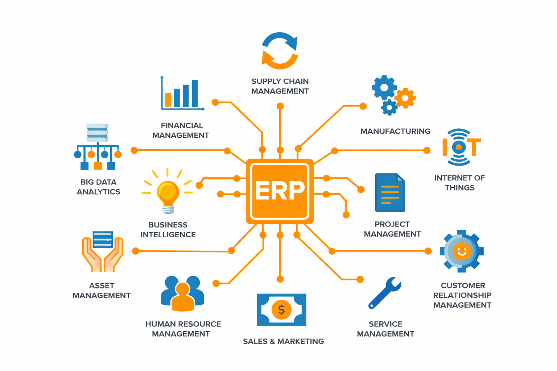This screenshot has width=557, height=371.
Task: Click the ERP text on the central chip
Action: pyautogui.click(x=280, y=190)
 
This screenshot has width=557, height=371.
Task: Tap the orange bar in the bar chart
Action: pyautogui.click(x=168, y=100)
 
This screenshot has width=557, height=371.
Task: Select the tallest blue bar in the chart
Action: pyautogui.click(x=195, y=93)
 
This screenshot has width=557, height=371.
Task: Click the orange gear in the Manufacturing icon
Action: pyautogui.click(x=405, y=98)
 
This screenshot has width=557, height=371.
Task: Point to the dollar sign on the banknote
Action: pyautogui.click(x=281, y=310)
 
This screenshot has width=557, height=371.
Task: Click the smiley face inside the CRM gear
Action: pyautogui.click(x=462, y=251)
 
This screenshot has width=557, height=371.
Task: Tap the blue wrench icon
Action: pyautogui.click(x=384, y=293)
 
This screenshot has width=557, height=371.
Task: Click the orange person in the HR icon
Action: pyautogui.click(x=182, y=297)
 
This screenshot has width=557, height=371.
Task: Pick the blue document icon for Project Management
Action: pyautogui.click(x=390, y=193)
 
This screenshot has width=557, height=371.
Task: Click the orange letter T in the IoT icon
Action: pyautogui.click(x=474, y=147)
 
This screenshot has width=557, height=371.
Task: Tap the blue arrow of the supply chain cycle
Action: pyautogui.click(x=281, y=41)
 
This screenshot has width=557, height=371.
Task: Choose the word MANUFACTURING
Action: pyautogui.click(x=395, y=131)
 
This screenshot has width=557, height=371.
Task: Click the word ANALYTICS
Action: pyautogui.click(x=99, y=192)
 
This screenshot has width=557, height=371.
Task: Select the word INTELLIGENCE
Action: pyautogui.click(x=168, y=234)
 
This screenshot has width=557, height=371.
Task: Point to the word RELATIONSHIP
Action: pyautogui.click(x=462, y=295)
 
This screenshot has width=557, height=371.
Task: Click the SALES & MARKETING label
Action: pyautogui.click(x=284, y=341)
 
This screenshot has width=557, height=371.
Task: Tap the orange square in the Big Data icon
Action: pyautogui.click(x=98, y=166)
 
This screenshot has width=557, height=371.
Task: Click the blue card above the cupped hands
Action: pyautogui.click(x=103, y=239)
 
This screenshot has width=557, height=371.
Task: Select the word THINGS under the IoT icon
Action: pyautogui.click(x=460, y=188)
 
